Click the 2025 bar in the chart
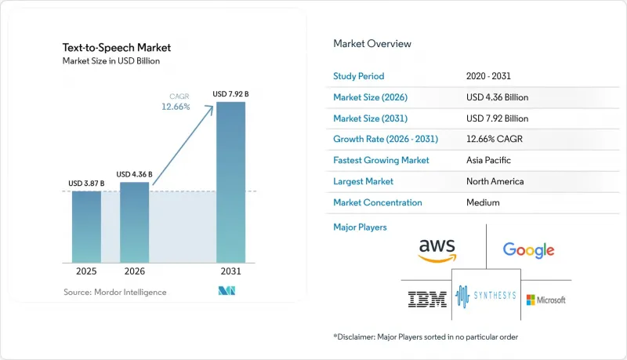(86, 227)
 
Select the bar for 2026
(134, 223)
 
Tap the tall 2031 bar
(230, 183)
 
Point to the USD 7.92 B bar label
(230, 94)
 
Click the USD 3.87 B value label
(86, 184)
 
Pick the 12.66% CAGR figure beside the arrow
(176, 107)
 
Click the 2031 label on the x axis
(230, 271)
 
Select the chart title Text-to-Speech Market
(117, 48)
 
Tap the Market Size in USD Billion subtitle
(111, 61)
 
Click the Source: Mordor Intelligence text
(115, 292)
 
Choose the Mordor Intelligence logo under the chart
(227, 291)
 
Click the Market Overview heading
(372, 44)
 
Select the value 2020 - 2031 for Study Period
(488, 76)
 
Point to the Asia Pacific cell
(488, 160)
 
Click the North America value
(495, 181)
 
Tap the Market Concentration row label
(378, 202)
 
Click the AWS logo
(437, 250)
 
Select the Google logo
(528, 250)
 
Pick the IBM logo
(427, 299)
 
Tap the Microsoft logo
(545, 300)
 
